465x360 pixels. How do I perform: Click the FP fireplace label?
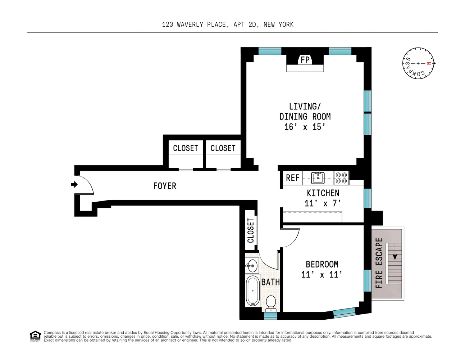click(305, 60)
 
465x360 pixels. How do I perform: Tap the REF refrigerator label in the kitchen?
click(292, 178)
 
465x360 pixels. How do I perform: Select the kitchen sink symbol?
click(318, 177)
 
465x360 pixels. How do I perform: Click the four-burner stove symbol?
click(341, 178)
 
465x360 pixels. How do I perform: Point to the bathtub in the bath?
click(252, 291)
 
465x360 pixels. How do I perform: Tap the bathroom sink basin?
click(252, 266)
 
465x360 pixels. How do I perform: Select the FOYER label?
click(165, 186)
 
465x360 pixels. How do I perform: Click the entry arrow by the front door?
click(74, 185)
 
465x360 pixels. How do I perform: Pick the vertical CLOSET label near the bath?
click(251, 230)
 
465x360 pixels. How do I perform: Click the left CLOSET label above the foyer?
click(185, 148)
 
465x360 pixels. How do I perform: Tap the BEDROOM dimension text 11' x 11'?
click(322, 275)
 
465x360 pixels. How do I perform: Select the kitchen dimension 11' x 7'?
click(323, 203)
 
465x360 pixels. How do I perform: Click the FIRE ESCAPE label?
click(379, 263)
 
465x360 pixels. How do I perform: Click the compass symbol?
click(418, 63)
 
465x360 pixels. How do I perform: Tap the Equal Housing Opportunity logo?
click(35, 336)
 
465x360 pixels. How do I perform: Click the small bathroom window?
click(270, 316)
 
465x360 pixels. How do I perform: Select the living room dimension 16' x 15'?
click(305, 127)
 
